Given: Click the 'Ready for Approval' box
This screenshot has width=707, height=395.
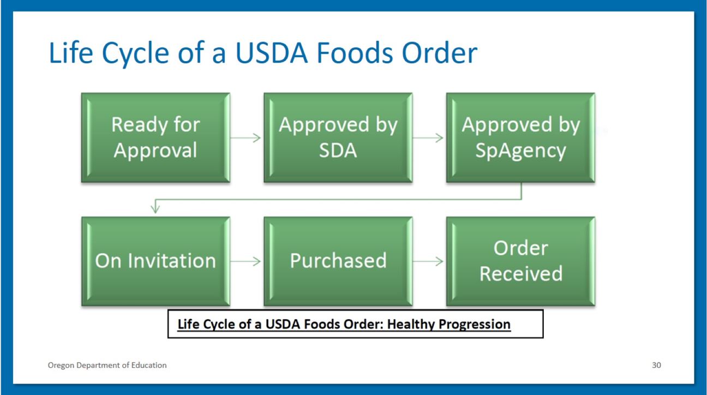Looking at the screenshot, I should click(x=155, y=137).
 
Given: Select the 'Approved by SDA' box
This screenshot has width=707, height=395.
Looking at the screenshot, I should click(x=338, y=137).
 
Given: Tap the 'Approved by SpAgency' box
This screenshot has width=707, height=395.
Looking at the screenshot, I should click(x=520, y=137).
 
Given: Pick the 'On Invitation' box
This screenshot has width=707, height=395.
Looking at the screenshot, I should click(x=155, y=261).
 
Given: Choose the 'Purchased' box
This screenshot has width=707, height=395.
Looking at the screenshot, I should click(x=338, y=261).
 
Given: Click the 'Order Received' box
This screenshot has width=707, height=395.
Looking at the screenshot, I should click(x=520, y=261).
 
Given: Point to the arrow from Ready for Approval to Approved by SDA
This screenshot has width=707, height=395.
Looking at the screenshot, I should click(x=247, y=137).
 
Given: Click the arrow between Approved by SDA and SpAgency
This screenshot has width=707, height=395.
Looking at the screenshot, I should click(x=429, y=137).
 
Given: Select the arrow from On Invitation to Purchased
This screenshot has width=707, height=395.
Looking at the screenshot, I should click(x=247, y=261).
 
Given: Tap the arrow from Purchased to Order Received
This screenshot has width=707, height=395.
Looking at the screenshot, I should click(x=429, y=261).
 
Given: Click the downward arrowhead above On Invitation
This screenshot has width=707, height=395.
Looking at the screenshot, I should click(x=155, y=208).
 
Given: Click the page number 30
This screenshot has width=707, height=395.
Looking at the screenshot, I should click(x=656, y=365).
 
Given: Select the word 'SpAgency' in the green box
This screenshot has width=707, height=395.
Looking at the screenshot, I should click(x=520, y=150).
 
